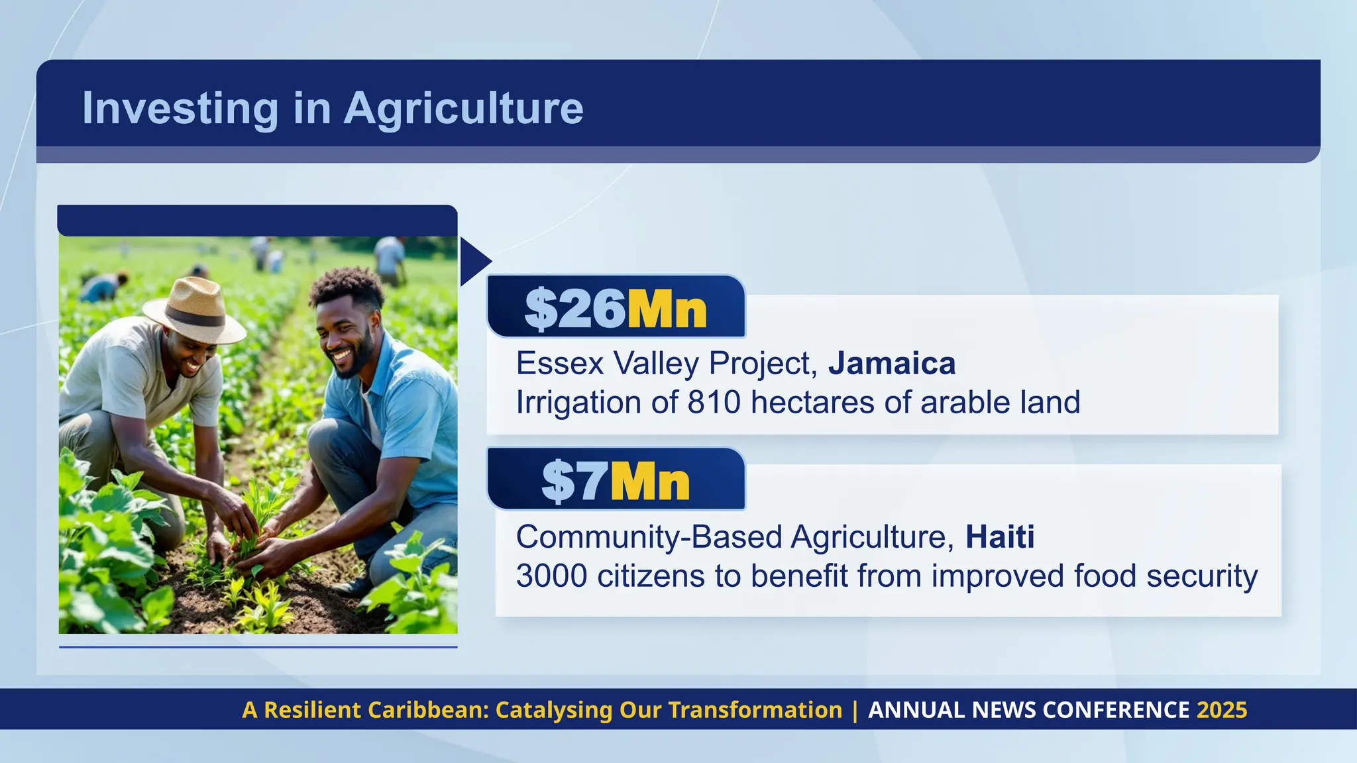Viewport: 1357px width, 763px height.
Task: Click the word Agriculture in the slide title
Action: click(463, 108)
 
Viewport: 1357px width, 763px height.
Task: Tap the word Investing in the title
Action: click(180, 108)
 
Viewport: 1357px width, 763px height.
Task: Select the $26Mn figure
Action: click(616, 309)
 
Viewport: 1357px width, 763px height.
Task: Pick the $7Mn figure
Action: click(616, 481)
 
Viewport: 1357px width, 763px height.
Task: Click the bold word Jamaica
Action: click(892, 363)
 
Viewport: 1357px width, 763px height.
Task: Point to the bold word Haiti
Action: click(1000, 536)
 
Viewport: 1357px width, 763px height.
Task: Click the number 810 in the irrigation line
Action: click(714, 402)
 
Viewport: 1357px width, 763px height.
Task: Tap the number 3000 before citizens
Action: click(551, 576)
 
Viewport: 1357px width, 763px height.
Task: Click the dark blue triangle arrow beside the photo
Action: click(473, 262)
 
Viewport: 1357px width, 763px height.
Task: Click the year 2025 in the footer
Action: click(1222, 710)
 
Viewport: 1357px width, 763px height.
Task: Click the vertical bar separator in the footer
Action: click(855, 710)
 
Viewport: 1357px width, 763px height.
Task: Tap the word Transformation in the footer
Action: click(755, 710)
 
